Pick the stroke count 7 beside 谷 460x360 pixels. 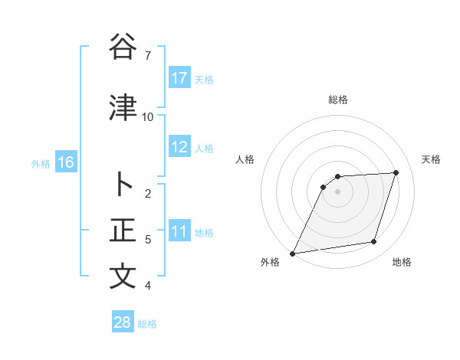coord(148,56)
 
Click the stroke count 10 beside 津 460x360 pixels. coord(148,117)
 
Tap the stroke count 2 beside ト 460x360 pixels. coord(148,194)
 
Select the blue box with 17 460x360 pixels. coord(179,78)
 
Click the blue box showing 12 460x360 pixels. coord(179,147)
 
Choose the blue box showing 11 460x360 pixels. coord(179,231)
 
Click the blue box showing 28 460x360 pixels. coord(123,322)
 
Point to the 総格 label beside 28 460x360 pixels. coord(147,324)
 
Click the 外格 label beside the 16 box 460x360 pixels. coord(41,163)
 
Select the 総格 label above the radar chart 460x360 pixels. coord(338,100)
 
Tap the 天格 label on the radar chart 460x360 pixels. coord(432,159)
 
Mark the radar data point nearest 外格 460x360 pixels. coord(293,254)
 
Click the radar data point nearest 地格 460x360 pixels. coord(374,242)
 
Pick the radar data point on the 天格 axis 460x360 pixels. coord(396,172)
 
